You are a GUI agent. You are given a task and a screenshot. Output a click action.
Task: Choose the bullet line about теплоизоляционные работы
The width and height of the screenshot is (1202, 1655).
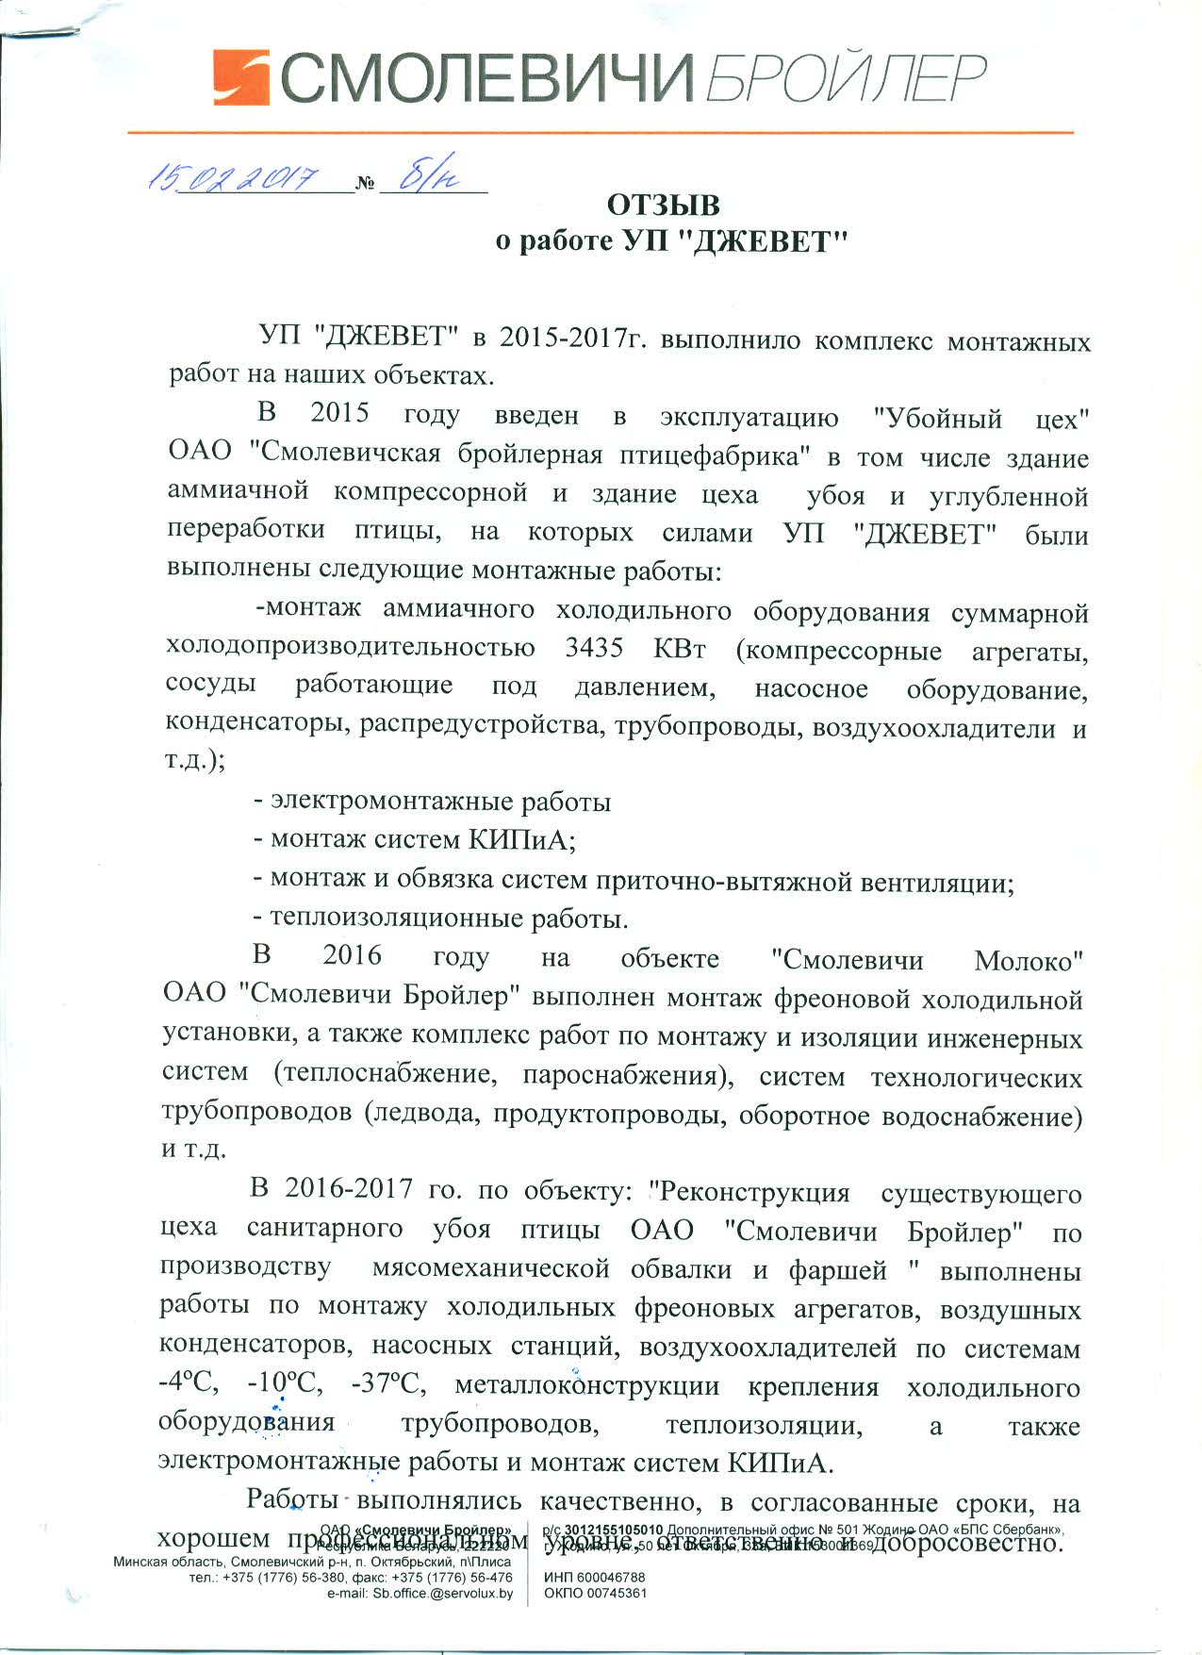pos(440,917)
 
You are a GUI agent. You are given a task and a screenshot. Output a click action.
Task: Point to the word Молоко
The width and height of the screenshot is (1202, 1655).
pos(1028,961)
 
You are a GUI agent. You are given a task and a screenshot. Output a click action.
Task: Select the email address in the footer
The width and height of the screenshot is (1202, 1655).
pos(420,1593)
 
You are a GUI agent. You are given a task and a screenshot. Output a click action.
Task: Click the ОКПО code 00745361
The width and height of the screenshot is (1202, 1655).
pos(596,1593)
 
